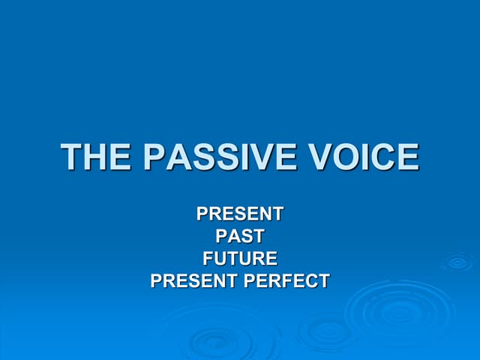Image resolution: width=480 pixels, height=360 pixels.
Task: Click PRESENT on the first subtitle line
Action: pyautogui.click(x=240, y=214)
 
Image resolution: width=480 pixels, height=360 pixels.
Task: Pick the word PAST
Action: pyautogui.click(x=240, y=236)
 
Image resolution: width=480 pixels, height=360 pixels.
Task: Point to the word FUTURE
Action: pyautogui.click(x=240, y=259)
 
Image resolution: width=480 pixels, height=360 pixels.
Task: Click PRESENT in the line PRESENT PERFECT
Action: pyautogui.click(x=196, y=281)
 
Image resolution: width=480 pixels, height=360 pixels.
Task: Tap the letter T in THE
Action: pyautogui.click(x=72, y=157)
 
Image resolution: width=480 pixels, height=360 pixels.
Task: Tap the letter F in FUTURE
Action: pyautogui.click(x=208, y=259)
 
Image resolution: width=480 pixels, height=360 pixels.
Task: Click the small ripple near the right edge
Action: pyautogui.click(x=457, y=262)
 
